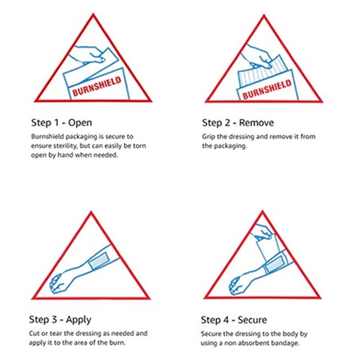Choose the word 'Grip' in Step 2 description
[x=210, y=135]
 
